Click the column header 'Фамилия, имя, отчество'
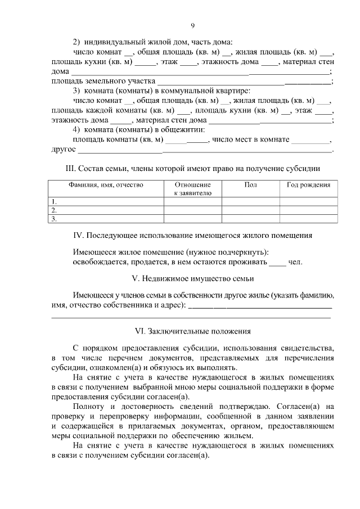click(x=106, y=185)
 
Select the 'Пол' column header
click(x=251, y=185)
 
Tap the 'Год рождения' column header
click(x=309, y=185)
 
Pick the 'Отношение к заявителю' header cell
click(x=192, y=189)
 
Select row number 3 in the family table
click(x=55, y=219)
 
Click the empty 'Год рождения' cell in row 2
click(x=309, y=210)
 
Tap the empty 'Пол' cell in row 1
click(x=251, y=201)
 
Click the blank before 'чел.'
click(x=277, y=263)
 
